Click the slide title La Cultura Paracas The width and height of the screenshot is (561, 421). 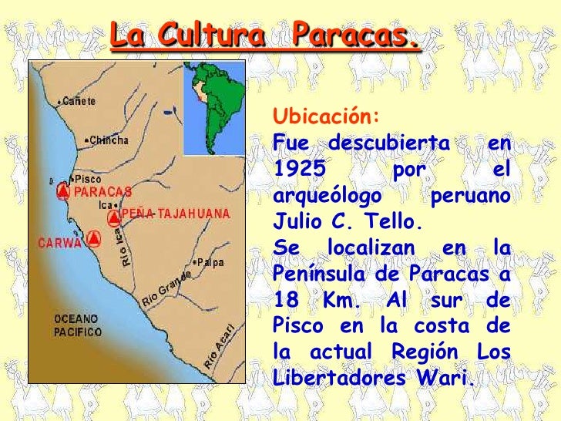(x=265, y=35)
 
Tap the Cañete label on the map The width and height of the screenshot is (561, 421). (x=79, y=100)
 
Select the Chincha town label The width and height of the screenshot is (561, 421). (x=108, y=140)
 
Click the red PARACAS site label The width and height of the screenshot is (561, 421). (x=102, y=191)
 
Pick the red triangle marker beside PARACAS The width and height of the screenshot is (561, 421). (x=63, y=191)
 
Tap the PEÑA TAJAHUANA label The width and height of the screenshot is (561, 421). (x=176, y=213)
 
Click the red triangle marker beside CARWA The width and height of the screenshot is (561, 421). (x=93, y=238)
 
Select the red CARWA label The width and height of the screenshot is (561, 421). (x=59, y=243)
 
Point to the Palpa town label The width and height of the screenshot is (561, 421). (x=209, y=262)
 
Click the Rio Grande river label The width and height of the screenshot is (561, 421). (x=164, y=291)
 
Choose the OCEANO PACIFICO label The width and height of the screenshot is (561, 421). (x=77, y=325)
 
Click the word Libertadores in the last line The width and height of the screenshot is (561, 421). (x=338, y=379)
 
